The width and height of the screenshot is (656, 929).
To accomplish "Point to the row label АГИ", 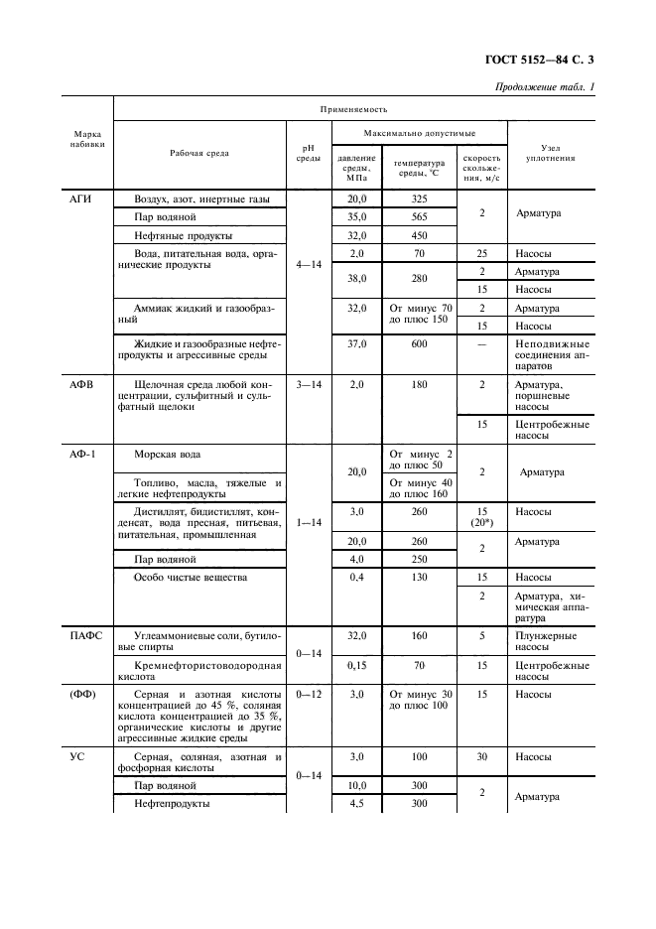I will (80, 199).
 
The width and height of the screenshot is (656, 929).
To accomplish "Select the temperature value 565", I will (419, 216).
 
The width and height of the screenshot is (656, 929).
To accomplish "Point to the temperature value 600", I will (419, 343).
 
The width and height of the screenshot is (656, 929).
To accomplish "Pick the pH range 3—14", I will (309, 383).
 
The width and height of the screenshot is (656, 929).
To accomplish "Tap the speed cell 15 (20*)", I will (481, 517).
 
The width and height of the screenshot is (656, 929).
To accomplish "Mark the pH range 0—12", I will (309, 694).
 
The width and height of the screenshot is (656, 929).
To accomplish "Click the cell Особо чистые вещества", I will (191, 577).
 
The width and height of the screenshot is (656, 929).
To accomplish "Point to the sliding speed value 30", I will (481, 757).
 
